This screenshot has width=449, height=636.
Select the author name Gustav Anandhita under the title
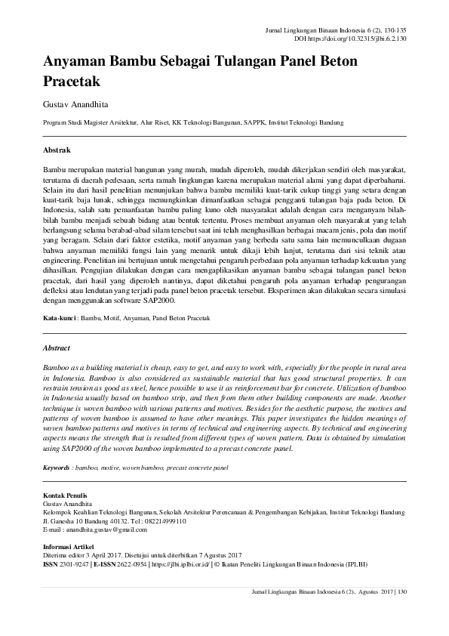(75, 103)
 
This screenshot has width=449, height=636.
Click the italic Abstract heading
(57, 348)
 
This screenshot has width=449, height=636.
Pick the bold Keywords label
(57, 468)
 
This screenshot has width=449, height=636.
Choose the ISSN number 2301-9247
(74, 563)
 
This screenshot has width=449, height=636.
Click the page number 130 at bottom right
(401, 591)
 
